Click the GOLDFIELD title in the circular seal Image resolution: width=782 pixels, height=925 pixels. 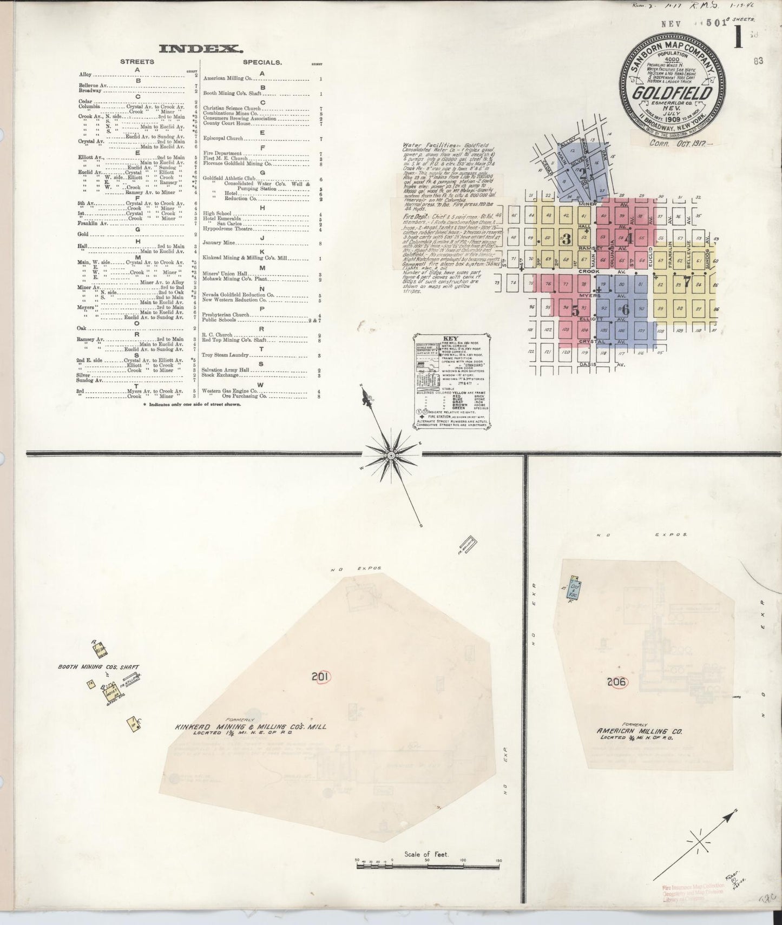(673, 93)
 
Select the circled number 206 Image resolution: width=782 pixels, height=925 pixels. (616, 682)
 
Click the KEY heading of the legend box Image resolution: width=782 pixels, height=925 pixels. (450, 338)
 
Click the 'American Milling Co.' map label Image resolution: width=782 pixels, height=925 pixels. (640, 731)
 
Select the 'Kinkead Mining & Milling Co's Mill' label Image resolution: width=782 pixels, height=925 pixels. (250, 726)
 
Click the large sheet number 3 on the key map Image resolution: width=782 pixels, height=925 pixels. (567, 238)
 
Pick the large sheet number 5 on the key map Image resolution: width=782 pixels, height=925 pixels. (576, 311)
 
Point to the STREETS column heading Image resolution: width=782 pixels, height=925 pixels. (137, 62)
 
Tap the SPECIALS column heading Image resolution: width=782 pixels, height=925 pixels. (262, 62)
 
